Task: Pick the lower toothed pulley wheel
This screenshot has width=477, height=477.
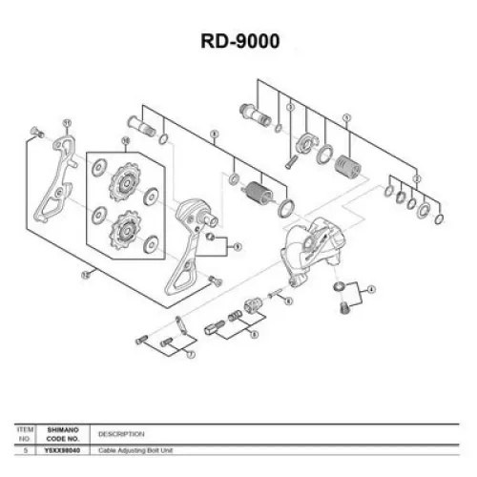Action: click(124, 231)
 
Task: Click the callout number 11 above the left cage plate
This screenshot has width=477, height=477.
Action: click(67, 122)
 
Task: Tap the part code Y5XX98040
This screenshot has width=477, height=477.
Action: click(65, 449)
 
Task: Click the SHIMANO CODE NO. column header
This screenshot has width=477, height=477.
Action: click(65, 434)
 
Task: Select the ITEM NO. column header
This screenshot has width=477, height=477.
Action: click(26, 434)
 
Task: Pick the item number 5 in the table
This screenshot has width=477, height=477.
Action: click(26, 449)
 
